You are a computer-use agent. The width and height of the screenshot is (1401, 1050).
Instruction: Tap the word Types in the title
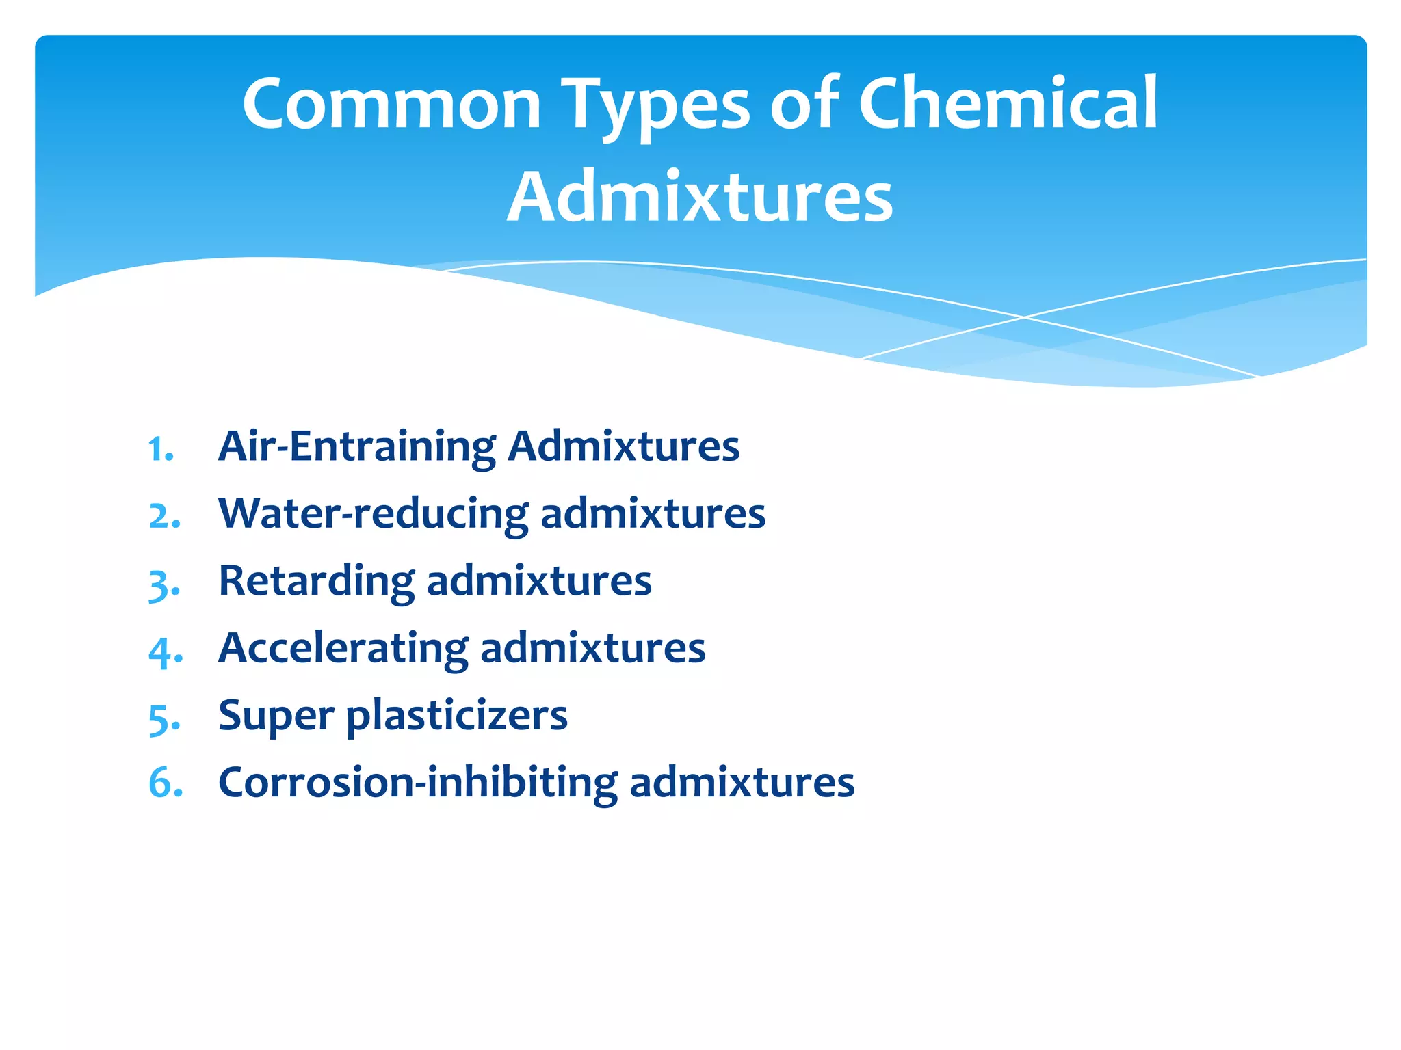point(657,106)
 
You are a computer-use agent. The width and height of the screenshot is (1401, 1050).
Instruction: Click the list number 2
point(164,516)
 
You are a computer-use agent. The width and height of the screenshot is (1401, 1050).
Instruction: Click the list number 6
point(165,783)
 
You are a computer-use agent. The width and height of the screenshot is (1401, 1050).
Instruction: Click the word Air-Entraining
point(356,447)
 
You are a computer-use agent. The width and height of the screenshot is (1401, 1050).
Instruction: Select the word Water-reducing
point(373,514)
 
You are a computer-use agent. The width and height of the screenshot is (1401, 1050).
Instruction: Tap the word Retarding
point(316,581)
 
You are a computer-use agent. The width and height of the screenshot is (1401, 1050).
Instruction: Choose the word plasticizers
point(457,716)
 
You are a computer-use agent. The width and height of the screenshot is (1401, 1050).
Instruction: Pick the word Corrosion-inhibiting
point(417,782)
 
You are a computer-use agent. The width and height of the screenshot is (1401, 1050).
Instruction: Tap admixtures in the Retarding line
point(539,581)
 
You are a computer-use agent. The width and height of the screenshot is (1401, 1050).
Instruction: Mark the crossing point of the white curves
point(1024,317)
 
